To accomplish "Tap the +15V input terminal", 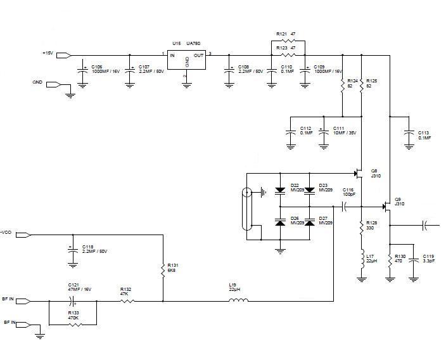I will (x=64, y=55).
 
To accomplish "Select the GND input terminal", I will (x=53, y=84).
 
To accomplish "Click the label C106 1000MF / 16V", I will (x=104, y=68).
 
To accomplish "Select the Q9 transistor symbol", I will (x=387, y=207).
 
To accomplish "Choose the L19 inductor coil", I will (x=238, y=300).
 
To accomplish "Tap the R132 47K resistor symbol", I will (x=127, y=300).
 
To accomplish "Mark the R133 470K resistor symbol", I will (x=75, y=324).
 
